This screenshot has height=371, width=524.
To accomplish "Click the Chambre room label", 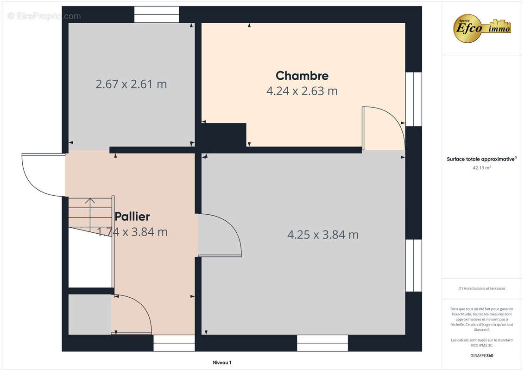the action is pos(302,76).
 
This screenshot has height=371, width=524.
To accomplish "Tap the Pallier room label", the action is pos(132,217).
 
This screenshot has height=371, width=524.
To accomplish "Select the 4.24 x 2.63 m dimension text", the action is pos(302,91).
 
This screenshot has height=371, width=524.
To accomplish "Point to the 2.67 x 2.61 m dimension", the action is pos(131,84).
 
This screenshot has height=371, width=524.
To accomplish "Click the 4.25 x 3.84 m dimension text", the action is pos(323,235).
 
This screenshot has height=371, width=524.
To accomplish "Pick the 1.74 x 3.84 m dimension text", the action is pos(133,232).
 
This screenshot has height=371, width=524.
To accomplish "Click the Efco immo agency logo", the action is pos(481,28).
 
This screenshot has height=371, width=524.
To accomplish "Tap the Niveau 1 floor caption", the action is pos(222,362).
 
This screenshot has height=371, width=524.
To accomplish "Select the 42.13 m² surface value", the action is pos(481,167).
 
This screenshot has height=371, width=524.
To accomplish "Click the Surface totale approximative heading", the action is pos(481,159).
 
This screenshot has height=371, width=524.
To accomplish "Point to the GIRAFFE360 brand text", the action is pos(481,356).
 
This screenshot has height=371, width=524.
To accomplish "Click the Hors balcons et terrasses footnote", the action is pos(481,288).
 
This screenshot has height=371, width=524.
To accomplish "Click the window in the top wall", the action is pos(157,14).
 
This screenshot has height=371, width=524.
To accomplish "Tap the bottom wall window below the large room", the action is pos(322,343).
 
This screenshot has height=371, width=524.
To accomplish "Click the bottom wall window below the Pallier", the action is pos(174,343).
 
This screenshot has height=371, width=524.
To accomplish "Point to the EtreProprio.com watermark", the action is pos(44,16).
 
